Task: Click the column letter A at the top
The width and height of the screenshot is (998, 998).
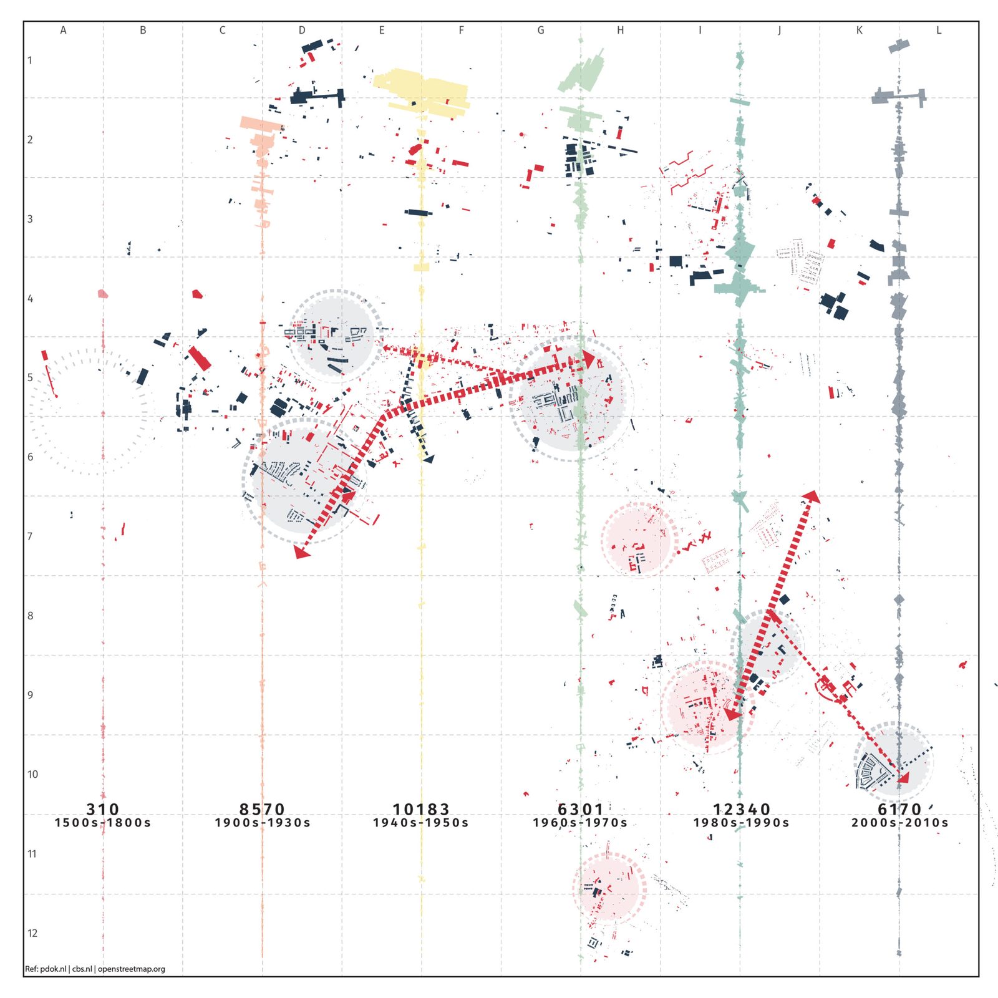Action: click(x=63, y=30)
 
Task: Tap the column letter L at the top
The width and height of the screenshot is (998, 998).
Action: click(x=939, y=30)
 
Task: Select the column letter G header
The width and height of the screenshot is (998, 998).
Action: click(x=541, y=30)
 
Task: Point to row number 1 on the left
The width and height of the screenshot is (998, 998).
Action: click(x=29, y=61)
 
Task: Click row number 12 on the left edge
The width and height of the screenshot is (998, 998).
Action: click(x=32, y=933)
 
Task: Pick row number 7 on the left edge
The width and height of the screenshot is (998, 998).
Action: click(x=30, y=536)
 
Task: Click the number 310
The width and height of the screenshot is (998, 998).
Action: click(x=103, y=809)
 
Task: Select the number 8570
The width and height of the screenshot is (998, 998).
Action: click(x=262, y=809)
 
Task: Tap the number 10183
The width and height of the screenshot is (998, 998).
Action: click(x=421, y=809)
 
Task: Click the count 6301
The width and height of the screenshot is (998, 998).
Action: click(x=580, y=809)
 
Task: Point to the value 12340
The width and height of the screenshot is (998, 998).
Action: click(x=742, y=809)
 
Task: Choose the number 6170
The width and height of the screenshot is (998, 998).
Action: click(x=899, y=809)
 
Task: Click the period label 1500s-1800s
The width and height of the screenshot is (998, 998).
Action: click(x=103, y=823)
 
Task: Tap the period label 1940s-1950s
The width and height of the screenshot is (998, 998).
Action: click(x=421, y=823)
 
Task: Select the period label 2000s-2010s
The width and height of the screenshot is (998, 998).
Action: click(x=900, y=823)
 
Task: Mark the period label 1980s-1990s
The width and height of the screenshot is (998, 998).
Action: click(x=742, y=823)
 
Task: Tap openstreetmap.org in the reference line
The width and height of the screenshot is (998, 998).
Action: click(x=132, y=969)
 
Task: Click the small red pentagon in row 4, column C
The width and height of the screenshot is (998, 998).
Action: click(x=197, y=294)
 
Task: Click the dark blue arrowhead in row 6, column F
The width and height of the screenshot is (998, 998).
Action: click(x=428, y=458)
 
